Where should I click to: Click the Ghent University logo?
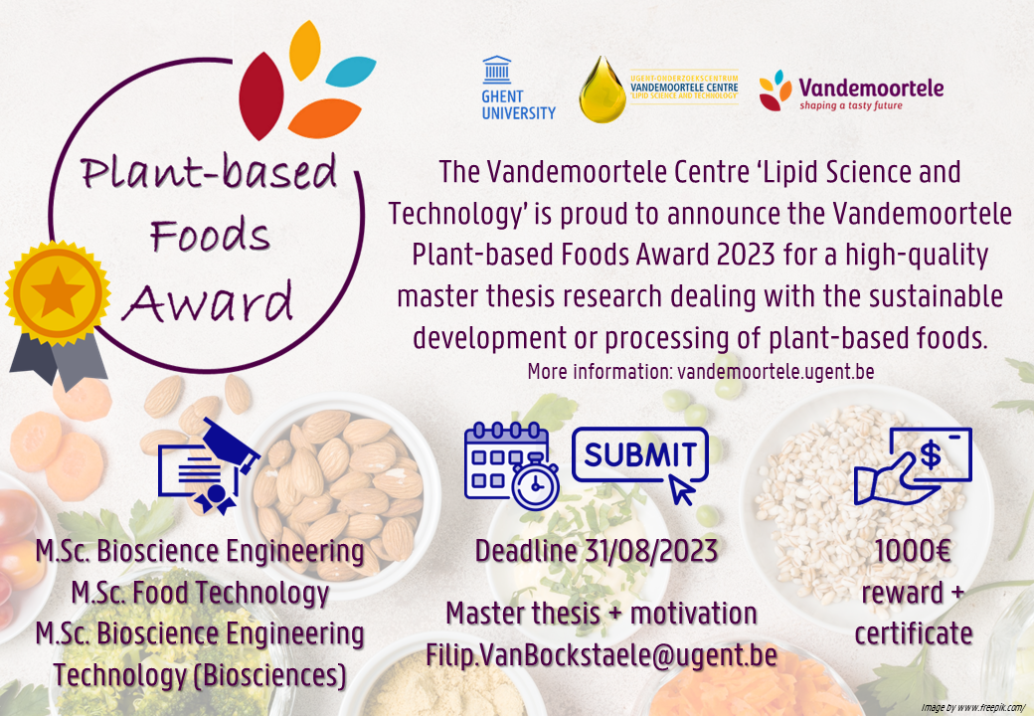[518, 88]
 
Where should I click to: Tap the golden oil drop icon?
[603, 89]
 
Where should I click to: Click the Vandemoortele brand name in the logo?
[871, 88]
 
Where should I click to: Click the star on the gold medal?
[58, 292]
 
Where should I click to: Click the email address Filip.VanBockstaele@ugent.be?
[602, 654]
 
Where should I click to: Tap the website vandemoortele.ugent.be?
[775, 371]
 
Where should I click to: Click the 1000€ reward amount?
[913, 551]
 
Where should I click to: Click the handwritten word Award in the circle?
[209, 302]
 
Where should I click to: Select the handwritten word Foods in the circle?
[210, 234]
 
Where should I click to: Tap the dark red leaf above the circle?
[261, 96]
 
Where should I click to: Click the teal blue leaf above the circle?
[351, 72]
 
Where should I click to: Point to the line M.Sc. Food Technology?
[200, 593]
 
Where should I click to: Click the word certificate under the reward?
[914, 633]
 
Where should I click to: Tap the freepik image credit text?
[972, 707]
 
